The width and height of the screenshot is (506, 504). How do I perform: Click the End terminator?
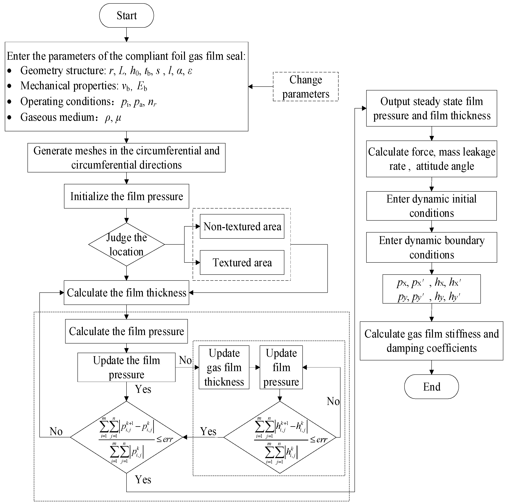[431, 386]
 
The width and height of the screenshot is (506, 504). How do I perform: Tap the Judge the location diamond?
[126, 244]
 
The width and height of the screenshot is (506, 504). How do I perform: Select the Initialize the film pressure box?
[126, 196]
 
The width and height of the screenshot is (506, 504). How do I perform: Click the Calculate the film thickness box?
[126, 292]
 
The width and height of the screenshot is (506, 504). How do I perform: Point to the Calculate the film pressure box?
[126, 331]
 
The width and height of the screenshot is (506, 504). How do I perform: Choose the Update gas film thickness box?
[224, 367]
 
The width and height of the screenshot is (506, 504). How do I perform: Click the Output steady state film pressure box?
[431, 108]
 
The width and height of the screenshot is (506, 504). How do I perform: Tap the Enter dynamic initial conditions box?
[431, 206]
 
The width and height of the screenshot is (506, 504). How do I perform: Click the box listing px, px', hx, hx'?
[431, 289]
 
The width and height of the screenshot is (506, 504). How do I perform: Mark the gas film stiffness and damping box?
[431, 341]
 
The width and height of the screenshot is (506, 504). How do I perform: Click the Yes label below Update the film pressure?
[143, 389]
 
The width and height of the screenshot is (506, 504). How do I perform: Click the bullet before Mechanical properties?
[9, 86]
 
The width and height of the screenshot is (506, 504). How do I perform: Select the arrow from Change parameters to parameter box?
[261, 87]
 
